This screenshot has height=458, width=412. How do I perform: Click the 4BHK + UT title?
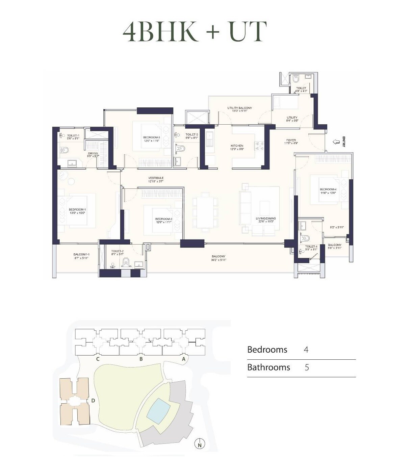click(195, 31)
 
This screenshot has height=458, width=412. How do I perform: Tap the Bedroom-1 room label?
click(77, 211)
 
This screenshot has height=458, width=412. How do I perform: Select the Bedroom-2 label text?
click(164, 221)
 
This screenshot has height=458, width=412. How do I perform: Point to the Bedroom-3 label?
click(151, 139)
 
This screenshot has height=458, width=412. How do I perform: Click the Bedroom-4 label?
click(328, 191)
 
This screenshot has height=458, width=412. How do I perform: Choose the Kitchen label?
click(237, 147)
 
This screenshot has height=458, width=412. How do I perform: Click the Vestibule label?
click(156, 179)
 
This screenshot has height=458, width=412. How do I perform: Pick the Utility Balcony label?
click(239, 109)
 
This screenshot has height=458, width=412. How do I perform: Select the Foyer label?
click(291, 142)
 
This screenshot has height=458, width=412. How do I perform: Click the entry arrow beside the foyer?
click(336, 142)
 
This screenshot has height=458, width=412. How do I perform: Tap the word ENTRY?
click(344, 142)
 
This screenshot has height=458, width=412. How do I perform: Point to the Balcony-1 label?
click(81, 256)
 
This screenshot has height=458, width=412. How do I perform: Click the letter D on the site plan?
click(93, 401)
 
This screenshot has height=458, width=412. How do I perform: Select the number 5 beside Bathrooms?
click(307, 367)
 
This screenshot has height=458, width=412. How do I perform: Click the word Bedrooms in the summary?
click(267, 350)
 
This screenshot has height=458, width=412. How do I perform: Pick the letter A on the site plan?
click(184, 359)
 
